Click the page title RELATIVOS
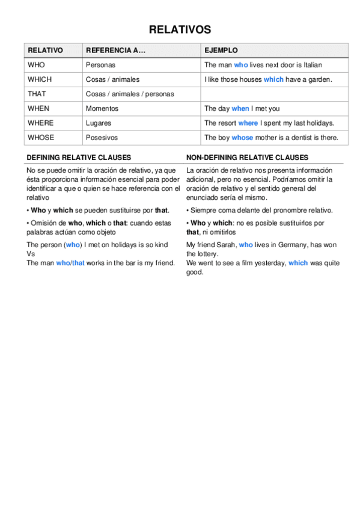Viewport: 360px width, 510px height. [x=180, y=29]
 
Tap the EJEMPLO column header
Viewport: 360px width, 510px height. [x=221, y=51]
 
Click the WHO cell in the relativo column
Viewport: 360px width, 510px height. [x=36, y=65]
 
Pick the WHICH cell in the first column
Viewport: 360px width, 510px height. [x=40, y=79]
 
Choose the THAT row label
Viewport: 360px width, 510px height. [x=37, y=94]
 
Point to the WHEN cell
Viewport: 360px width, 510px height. [x=38, y=109]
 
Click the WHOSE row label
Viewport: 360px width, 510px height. [x=41, y=138]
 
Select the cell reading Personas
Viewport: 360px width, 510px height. [x=100, y=65]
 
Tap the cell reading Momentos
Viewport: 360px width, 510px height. [x=102, y=109]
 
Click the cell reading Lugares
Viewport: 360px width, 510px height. [x=99, y=123]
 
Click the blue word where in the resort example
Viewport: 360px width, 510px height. [x=248, y=123]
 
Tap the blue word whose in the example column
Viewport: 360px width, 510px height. [x=242, y=138]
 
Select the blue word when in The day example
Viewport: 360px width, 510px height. [x=240, y=109]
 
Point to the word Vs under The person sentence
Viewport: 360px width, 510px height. [x=31, y=254]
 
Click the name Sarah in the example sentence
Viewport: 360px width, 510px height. [x=226, y=245]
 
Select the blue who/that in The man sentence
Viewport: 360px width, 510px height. [x=70, y=263]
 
